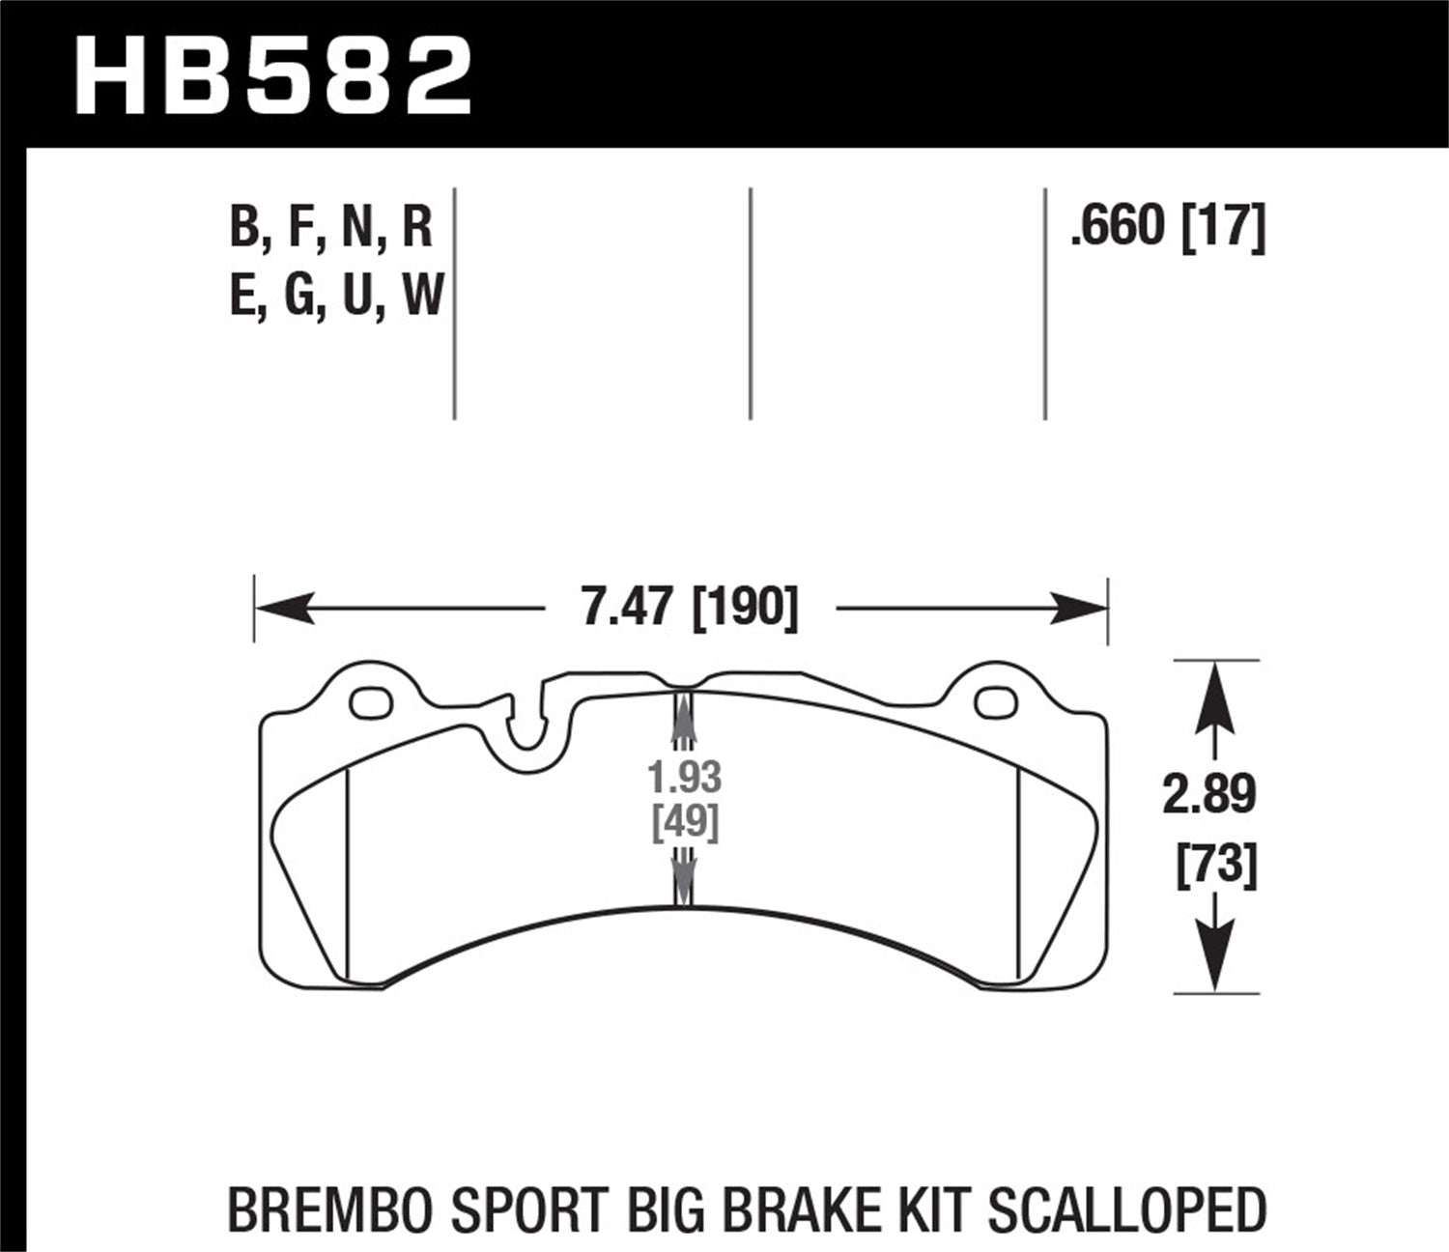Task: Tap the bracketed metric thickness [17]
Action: tap(1223, 227)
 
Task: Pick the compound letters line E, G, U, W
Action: tap(335, 295)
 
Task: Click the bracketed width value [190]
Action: tap(746, 609)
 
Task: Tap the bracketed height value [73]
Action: tap(1215, 863)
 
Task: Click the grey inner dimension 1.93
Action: tap(684, 777)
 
